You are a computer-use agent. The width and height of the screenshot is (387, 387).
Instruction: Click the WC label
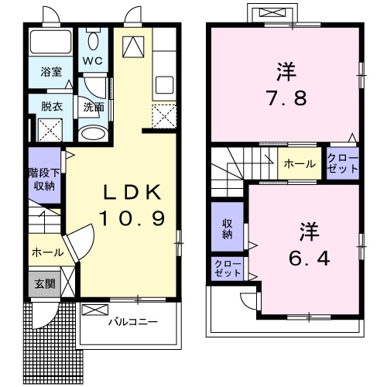click(93, 61)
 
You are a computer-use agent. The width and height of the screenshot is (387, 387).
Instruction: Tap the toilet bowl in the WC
click(93, 41)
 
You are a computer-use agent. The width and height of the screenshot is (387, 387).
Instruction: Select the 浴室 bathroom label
click(51, 71)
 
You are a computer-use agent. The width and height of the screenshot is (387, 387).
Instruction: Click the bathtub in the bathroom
click(51, 42)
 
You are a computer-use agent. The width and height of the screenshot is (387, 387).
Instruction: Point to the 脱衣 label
click(52, 106)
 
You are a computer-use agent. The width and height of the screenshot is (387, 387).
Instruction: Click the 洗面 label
click(94, 107)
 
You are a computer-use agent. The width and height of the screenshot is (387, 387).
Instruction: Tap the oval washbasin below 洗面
click(93, 134)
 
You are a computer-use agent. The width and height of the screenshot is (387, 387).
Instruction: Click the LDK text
click(132, 192)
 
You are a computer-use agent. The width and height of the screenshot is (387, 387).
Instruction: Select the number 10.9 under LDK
click(132, 218)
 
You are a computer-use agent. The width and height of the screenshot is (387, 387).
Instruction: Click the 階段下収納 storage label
click(44, 180)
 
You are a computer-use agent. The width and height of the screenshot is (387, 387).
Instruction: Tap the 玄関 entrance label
click(45, 284)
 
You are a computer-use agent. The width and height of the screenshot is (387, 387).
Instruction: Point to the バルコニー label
click(133, 322)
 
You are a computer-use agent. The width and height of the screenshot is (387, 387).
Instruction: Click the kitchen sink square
click(164, 84)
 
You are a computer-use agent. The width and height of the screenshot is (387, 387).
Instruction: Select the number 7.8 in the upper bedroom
click(286, 98)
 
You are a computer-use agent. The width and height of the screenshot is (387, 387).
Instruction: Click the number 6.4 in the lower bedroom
click(309, 259)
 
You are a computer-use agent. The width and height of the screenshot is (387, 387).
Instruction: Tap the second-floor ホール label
click(300, 164)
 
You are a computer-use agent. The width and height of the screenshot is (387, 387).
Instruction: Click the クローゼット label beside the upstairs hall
click(343, 163)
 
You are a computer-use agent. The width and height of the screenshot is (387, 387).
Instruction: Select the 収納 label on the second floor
click(227, 229)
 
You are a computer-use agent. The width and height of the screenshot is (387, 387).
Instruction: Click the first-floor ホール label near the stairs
click(48, 252)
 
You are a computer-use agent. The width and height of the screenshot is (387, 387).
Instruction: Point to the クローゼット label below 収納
click(228, 269)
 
